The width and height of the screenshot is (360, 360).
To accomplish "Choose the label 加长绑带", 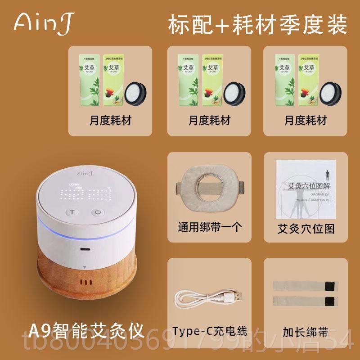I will (x=306, y=333).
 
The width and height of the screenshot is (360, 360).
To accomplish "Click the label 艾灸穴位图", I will (x=306, y=229).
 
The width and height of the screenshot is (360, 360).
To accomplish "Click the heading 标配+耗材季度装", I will (x=257, y=23).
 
